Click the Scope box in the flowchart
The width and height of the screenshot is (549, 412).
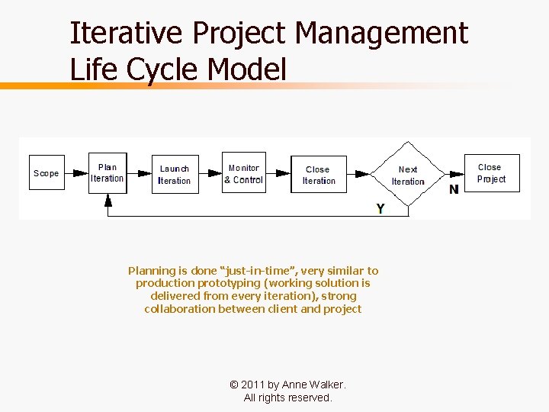point(46,173)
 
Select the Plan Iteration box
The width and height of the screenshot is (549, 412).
point(108,173)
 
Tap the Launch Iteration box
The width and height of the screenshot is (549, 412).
point(174,174)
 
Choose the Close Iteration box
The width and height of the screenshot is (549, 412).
point(318,175)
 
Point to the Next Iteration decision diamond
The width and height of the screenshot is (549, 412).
point(408,175)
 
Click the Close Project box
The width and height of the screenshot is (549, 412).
point(491,173)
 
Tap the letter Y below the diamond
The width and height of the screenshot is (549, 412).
point(380,208)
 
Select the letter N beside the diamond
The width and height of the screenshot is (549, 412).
point(454,189)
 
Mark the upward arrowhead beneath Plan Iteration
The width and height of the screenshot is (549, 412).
point(108,200)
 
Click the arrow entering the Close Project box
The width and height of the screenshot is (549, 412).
point(454,174)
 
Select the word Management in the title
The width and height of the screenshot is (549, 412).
point(382,34)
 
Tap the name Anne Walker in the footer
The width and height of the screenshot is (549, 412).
point(313,385)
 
